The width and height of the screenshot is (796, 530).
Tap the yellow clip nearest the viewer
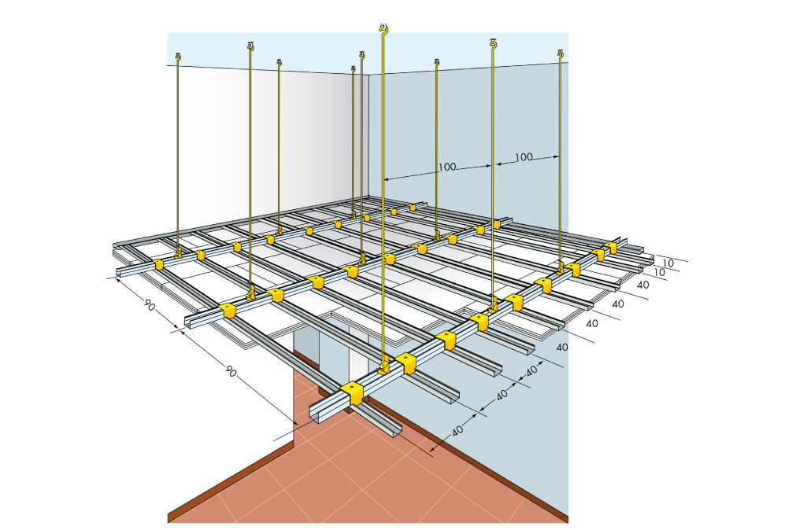point(352,394)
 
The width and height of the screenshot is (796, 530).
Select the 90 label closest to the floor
point(230,370)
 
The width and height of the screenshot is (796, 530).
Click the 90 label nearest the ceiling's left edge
point(150,305)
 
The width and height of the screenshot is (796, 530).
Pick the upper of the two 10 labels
point(668,263)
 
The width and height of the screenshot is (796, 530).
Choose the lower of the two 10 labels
point(659,272)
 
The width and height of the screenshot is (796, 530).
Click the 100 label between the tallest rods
point(446,167)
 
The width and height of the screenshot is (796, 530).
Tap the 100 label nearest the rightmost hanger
point(524,156)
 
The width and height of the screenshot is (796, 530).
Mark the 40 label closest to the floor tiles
point(457,430)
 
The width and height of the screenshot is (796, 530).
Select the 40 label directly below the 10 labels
point(642,285)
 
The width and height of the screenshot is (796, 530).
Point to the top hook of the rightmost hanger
point(560,52)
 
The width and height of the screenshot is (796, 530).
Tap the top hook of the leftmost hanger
point(178,57)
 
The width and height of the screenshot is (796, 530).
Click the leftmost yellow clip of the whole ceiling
point(158,265)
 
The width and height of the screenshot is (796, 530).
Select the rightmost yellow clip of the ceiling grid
point(610,248)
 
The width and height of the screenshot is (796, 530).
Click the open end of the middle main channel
point(188,322)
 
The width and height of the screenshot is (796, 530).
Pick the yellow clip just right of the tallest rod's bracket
point(406,364)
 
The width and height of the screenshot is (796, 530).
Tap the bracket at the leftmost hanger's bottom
point(178,252)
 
